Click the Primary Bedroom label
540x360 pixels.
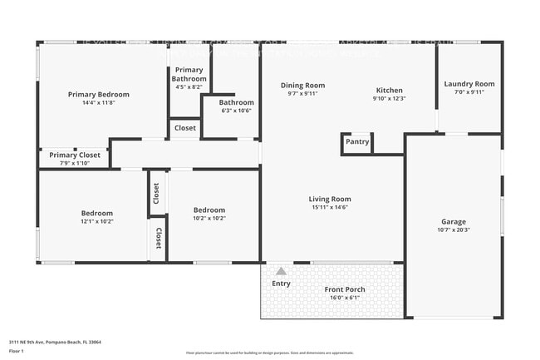coord(98,95)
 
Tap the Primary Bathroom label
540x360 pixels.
coord(189,74)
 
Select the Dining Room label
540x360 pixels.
coord(302,85)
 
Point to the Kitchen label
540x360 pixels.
coord(389,90)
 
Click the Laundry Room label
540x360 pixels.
coord(469,83)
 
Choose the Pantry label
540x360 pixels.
coord(357,142)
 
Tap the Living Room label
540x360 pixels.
coord(330,199)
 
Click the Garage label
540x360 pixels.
coord(453,221)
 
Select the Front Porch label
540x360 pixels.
coord(344,289)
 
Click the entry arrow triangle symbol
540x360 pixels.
coord(281,271)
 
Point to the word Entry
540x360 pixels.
coord(282,284)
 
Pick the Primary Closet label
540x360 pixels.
coord(74,155)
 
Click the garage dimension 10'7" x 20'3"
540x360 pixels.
coord(453,230)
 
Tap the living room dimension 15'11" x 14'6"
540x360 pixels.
coord(330,208)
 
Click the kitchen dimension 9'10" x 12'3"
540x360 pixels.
coord(389,99)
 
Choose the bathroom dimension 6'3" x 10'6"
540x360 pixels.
coord(236,111)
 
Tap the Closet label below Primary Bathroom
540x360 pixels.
coord(185,128)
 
